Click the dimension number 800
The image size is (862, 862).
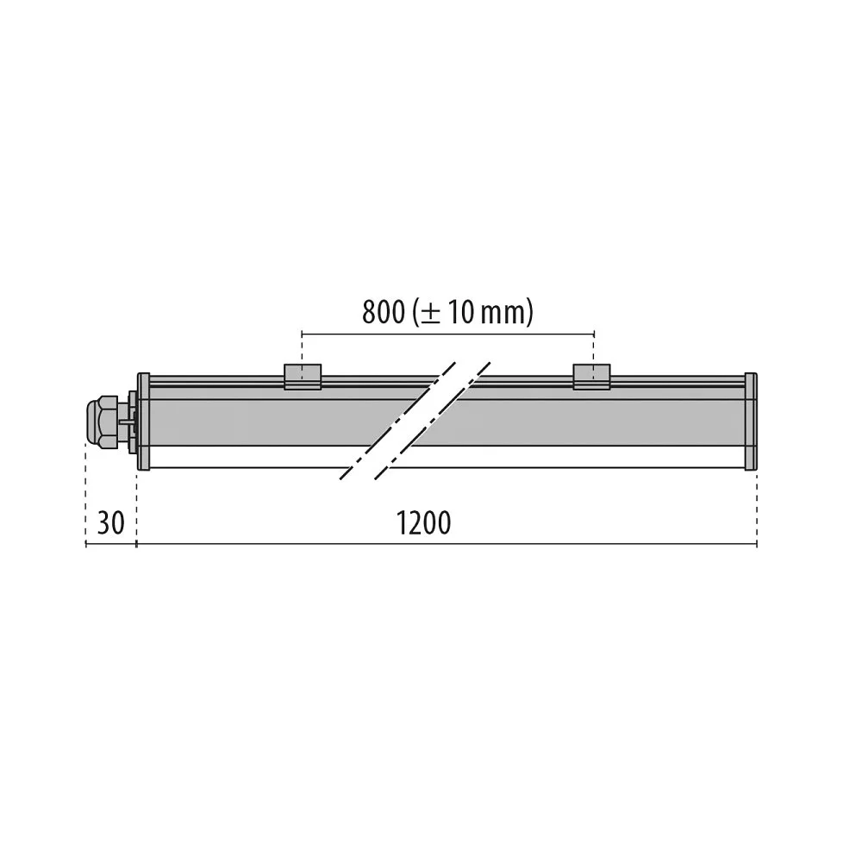point(383,312)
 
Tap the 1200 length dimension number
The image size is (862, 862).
point(423,523)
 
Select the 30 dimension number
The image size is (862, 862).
point(110,523)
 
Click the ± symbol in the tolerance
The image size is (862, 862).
point(430,314)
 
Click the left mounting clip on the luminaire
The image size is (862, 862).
point(303,377)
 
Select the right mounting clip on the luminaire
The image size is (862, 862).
point(591,377)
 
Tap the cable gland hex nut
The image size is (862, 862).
point(101,422)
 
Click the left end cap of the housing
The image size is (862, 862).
point(143,422)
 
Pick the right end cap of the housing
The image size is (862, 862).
point(751,422)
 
